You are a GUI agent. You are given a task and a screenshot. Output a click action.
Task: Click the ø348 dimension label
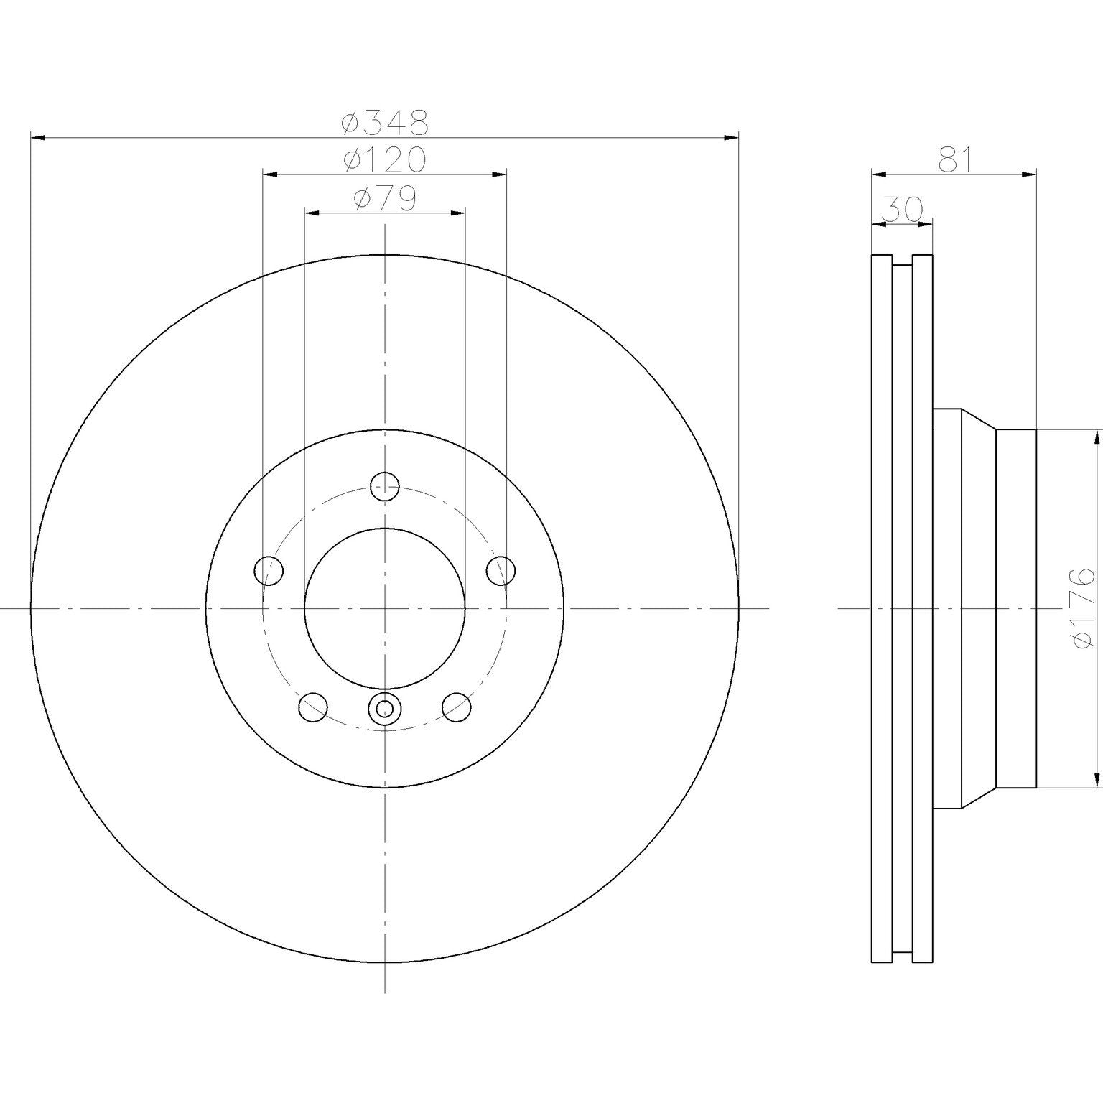(385, 123)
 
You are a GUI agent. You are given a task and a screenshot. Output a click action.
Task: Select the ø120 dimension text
(385, 160)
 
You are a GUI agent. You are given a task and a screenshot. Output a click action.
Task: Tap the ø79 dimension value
(385, 199)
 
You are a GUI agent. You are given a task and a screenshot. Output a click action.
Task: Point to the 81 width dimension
(955, 159)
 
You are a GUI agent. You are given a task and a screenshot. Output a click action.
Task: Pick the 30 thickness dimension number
(902, 209)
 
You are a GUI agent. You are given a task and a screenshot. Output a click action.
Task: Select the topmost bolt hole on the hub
(385, 487)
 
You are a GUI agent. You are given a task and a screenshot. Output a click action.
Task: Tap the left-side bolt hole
(269, 571)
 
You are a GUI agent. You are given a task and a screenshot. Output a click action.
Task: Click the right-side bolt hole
(501, 571)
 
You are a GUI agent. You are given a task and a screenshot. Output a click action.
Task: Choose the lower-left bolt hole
(313, 707)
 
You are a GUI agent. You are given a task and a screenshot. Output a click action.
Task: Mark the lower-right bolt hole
(457, 707)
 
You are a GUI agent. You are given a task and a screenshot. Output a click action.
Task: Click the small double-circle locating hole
(385, 709)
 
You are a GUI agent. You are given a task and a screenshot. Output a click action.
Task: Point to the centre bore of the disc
(385, 608)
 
